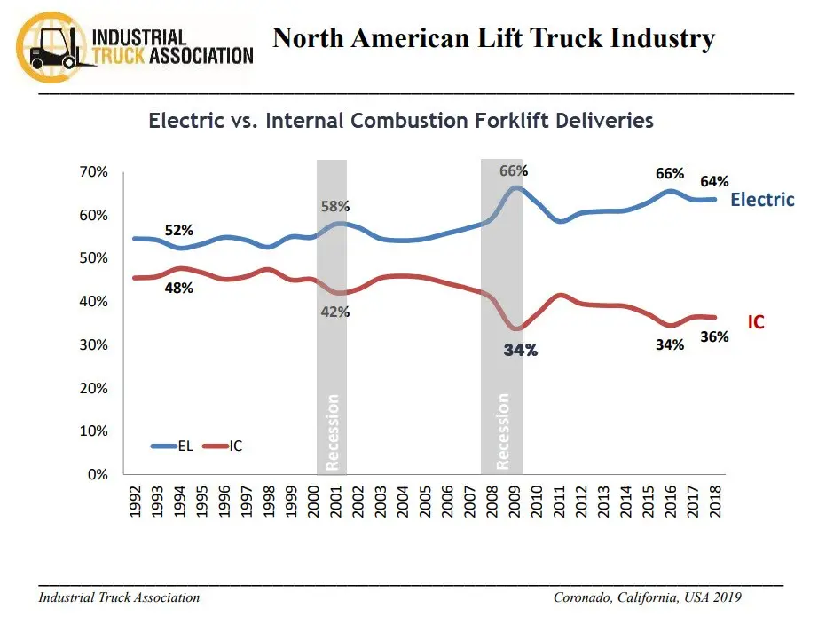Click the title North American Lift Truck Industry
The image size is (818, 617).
[493, 39]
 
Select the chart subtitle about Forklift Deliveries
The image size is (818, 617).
[401, 120]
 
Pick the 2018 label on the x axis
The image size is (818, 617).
[715, 502]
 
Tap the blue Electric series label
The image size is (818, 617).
[762, 200]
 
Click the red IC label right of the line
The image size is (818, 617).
[755, 322]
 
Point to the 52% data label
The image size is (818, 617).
[179, 231]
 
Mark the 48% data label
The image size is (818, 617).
[178, 288]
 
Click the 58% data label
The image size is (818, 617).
[334, 207]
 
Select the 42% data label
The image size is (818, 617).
[335, 312]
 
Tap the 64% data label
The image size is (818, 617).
[714, 182]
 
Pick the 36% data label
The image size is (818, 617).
[714, 337]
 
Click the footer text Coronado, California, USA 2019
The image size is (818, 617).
[647, 597]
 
